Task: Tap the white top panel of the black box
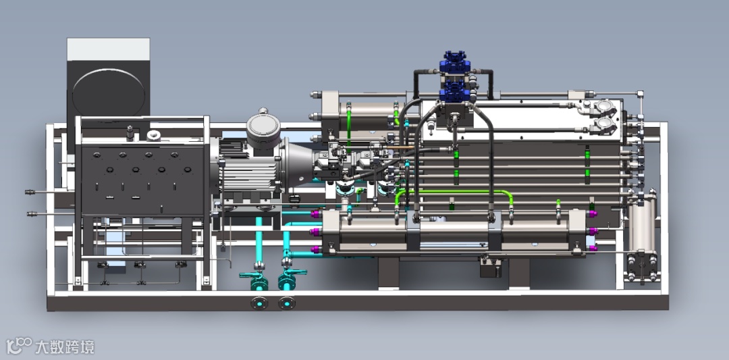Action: tap(108, 49)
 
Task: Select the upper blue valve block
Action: tap(456, 62)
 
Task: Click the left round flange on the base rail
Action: tap(259, 303)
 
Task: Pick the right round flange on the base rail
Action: tap(287, 303)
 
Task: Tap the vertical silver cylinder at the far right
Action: tap(642, 224)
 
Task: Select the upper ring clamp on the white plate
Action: tap(605, 108)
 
